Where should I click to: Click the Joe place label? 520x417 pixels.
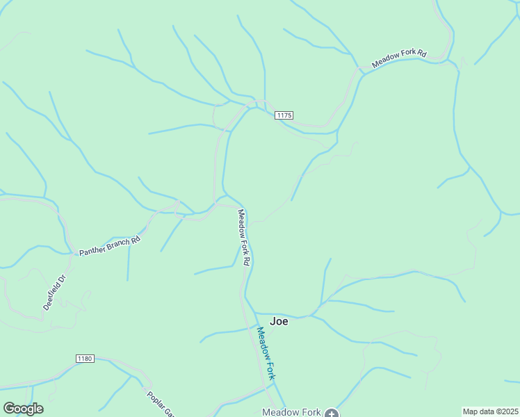pyautogui.click(x=279, y=321)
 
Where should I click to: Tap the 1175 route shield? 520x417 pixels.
pyautogui.click(x=284, y=115)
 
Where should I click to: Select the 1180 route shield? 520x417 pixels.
pyautogui.click(x=85, y=358)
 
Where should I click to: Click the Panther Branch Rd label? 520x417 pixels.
pyautogui.click(x=110, y=245)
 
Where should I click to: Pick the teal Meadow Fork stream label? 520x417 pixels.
pyautogui.click(x=266, y=353)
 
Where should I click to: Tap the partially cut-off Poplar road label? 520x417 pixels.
pyautogui.click(x=159, y=404)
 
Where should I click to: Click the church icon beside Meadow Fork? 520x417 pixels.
pyautogui.click(x=332, y=414)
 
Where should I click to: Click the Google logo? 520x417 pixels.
pyautogui.click(x=23, y=409)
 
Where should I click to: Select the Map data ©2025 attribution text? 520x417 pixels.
pyautogui.click(x=490, y=411)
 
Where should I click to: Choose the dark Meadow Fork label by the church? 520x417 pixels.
pyautogui.click(x=291, y=412)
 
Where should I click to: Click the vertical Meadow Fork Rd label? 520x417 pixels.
pyautogui.click(x=243, y=238)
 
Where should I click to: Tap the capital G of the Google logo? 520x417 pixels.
pyautogui.click(x=9, y=409)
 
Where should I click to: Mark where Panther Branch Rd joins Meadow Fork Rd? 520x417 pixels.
pyautogui.click(x=218, y=205)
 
